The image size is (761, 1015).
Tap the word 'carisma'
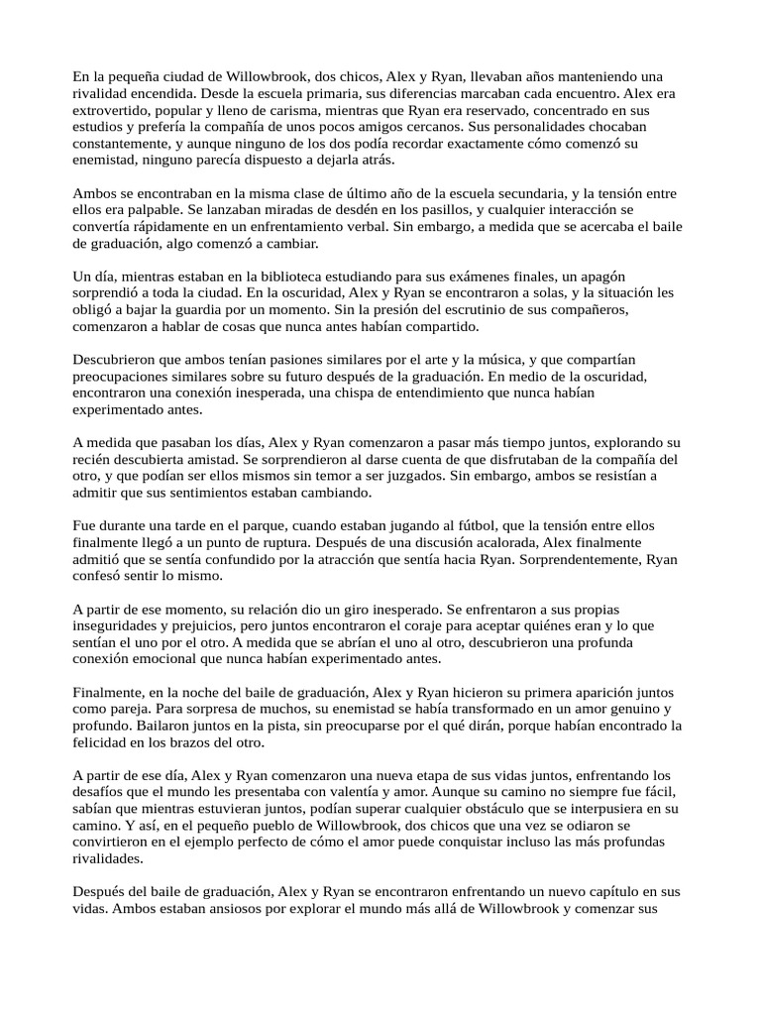pos(329,109)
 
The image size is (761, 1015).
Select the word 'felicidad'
pos(105,742)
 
